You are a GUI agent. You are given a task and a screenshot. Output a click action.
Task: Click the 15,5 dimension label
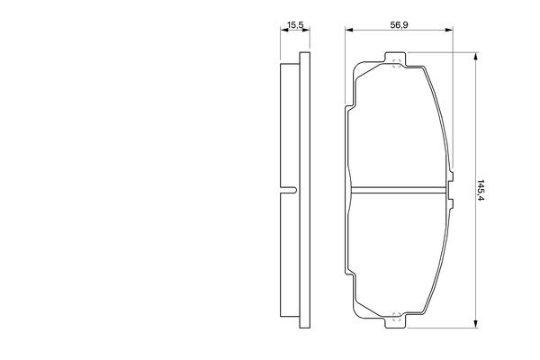(295, 25)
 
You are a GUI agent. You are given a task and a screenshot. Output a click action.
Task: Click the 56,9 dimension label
(399, 25)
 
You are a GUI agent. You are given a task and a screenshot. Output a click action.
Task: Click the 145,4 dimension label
(481, 190)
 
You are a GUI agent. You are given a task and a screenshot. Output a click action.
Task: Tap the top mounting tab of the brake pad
(395, 58)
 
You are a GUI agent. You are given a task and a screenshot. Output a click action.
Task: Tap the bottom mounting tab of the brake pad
(395, 320)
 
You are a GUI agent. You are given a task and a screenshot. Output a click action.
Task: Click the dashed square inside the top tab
(396, 63)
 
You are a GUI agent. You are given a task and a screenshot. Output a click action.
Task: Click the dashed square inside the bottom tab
(396, 317)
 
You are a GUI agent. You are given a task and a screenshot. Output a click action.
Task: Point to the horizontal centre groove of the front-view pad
(398, 190)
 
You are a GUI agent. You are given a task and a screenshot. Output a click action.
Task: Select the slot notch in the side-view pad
(289, 190)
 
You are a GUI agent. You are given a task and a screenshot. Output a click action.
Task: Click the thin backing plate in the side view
(305, 190)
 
